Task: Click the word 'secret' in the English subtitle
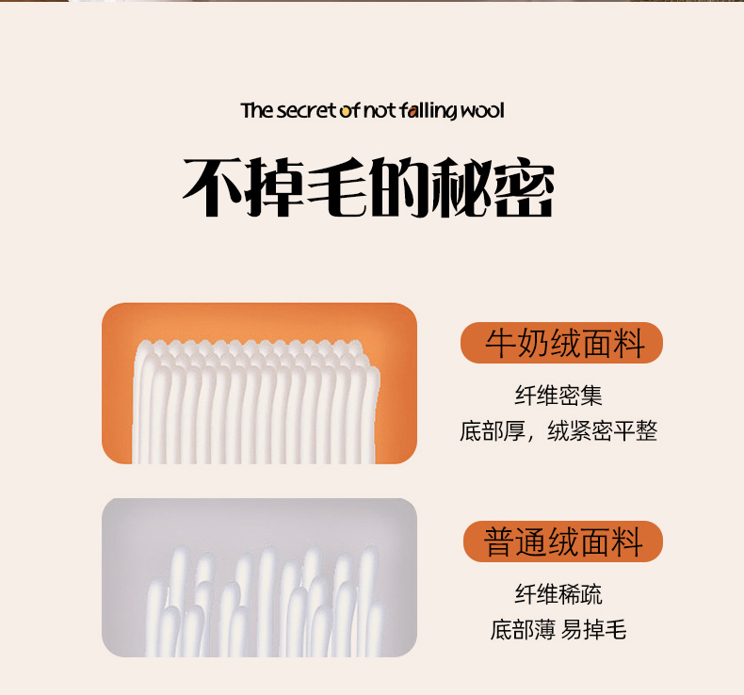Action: click(x=306, y=110)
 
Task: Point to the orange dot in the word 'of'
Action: click(x=344, y=112)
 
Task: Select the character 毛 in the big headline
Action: click(x=338, y=187)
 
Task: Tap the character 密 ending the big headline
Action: click(x=524, y=187)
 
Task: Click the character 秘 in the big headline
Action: click(x=461, y=187)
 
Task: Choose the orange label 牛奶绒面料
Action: click(x=561, y=343)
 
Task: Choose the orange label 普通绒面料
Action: click(x=563, y=541)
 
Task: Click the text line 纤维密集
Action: click(x=558, y=396)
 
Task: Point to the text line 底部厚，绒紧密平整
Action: click(x=558, y=431)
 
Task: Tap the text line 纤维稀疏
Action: click(x=558, y=594)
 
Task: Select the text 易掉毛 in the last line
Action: click(x=593, y=630)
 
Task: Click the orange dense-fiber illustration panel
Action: click(x=260, y=383)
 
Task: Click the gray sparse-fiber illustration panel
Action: click(x=260, y=577)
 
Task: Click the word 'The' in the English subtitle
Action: click(x=257, y=110)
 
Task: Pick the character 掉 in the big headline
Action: click(x=276, y=187)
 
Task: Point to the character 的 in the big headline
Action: click(x=399, y=187)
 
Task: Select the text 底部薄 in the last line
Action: click(x=523, y=630)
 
